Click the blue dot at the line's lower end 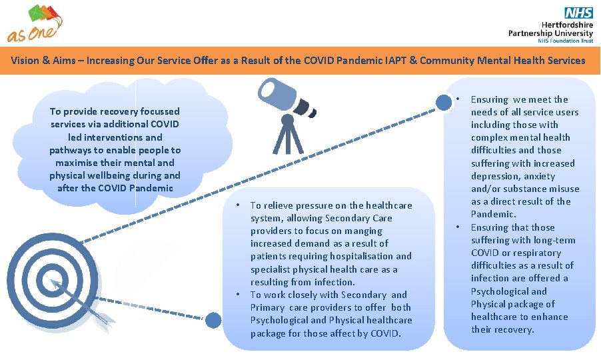pos(213,320)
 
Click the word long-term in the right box pos(554,240)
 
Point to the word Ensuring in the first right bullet pos(490,99)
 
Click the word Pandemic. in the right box pos(494,214)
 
